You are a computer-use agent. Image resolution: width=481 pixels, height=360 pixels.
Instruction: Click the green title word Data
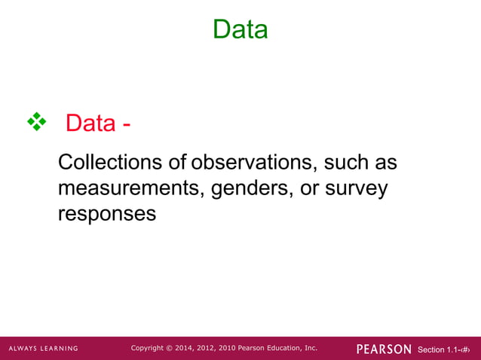point(240,29)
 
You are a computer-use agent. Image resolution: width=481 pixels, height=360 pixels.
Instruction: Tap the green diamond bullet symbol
point(36,121)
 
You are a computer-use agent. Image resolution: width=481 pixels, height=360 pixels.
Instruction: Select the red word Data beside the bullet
point(90,122)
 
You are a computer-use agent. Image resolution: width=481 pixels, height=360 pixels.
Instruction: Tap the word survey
point(356,188)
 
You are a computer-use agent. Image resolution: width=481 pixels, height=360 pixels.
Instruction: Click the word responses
point(107,213)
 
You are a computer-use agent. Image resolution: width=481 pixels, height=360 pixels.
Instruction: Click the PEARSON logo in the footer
point(384,349)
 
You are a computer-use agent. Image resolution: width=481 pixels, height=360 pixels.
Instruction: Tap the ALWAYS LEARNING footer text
point(43,349)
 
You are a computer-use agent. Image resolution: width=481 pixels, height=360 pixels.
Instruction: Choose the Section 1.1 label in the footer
point(438,349)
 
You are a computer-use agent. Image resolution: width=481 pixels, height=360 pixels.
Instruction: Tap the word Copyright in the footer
point(148,348)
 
